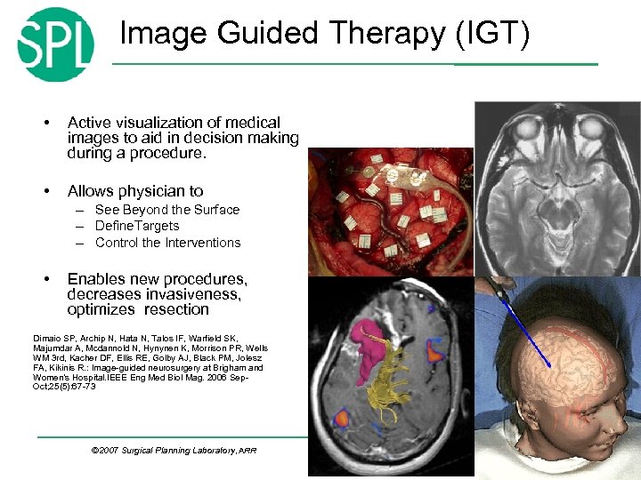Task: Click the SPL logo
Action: [55, 44]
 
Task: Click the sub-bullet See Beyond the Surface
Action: [167, 210]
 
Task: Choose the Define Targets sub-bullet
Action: [137, 226]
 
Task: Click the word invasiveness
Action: [197, 294]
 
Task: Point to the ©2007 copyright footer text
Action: [174, 451]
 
